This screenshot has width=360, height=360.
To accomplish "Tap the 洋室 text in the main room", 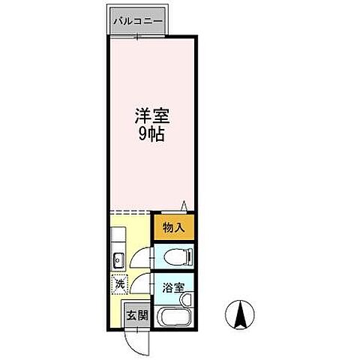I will [151, 118].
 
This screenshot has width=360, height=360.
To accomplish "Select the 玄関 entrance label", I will [136, 315].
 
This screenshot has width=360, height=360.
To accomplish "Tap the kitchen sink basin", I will [117, 261].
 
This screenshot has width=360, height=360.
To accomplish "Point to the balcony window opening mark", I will [136, 33].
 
